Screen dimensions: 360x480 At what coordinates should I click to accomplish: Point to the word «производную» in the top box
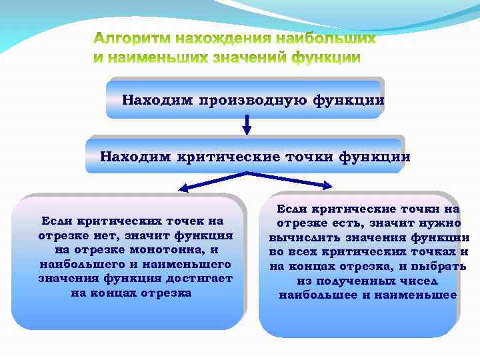tap(249, 101)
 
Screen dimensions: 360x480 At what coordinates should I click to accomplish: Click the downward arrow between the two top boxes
tap(247, 125)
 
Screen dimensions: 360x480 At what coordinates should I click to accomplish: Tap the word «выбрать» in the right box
tap(441, 267)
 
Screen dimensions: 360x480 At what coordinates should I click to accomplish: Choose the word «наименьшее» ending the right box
tap(421, 295)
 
